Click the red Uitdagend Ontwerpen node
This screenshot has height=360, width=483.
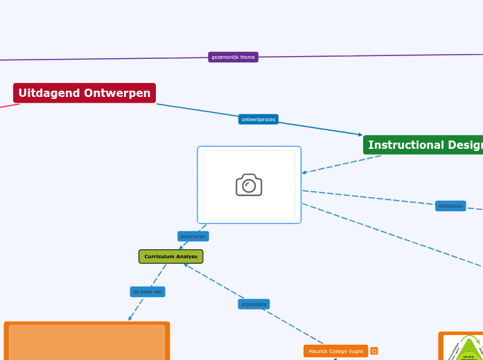84,93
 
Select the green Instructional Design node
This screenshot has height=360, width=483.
423,145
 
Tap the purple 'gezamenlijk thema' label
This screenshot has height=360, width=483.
233,57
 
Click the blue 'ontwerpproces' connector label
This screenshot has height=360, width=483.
258,119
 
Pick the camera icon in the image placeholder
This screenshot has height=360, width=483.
249,185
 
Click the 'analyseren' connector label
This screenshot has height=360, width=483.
193,236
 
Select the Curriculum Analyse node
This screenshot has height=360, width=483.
170,256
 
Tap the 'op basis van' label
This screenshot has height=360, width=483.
147,291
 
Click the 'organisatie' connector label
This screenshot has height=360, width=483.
253,304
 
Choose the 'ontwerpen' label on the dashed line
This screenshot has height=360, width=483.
450,206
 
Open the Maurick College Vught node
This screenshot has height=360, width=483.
335,351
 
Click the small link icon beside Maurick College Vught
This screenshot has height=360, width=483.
374,351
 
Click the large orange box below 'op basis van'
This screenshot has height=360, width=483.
87,342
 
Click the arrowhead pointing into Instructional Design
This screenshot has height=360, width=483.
360,134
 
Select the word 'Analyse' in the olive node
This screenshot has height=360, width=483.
186,256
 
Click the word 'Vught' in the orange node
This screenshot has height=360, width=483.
355,351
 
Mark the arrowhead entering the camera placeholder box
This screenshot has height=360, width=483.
304,172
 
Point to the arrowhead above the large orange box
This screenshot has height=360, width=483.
130,318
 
